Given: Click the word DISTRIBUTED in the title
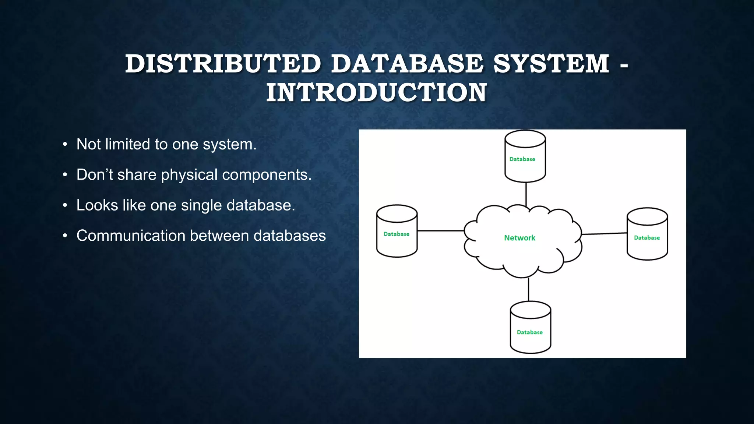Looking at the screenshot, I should (223, 63).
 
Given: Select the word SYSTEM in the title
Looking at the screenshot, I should (551, 63).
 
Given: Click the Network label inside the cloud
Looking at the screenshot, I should (519, 238).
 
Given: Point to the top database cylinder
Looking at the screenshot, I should (525, 156).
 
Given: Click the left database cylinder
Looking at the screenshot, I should (397, 231).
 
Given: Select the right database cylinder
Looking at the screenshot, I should (647, 234).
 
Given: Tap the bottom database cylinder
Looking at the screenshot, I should (530, 327).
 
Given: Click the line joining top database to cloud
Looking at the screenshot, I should (526, 194).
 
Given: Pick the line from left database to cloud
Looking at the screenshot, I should (440, 231).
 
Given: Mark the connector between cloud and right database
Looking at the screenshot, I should (604, 234).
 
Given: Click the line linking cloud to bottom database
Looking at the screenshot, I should (528, 289).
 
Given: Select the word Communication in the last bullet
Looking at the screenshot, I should (131, 236).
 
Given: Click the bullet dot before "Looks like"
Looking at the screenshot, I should (65, 205).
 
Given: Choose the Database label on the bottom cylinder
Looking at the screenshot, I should (529, 332).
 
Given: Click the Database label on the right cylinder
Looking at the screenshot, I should (646, 238).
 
